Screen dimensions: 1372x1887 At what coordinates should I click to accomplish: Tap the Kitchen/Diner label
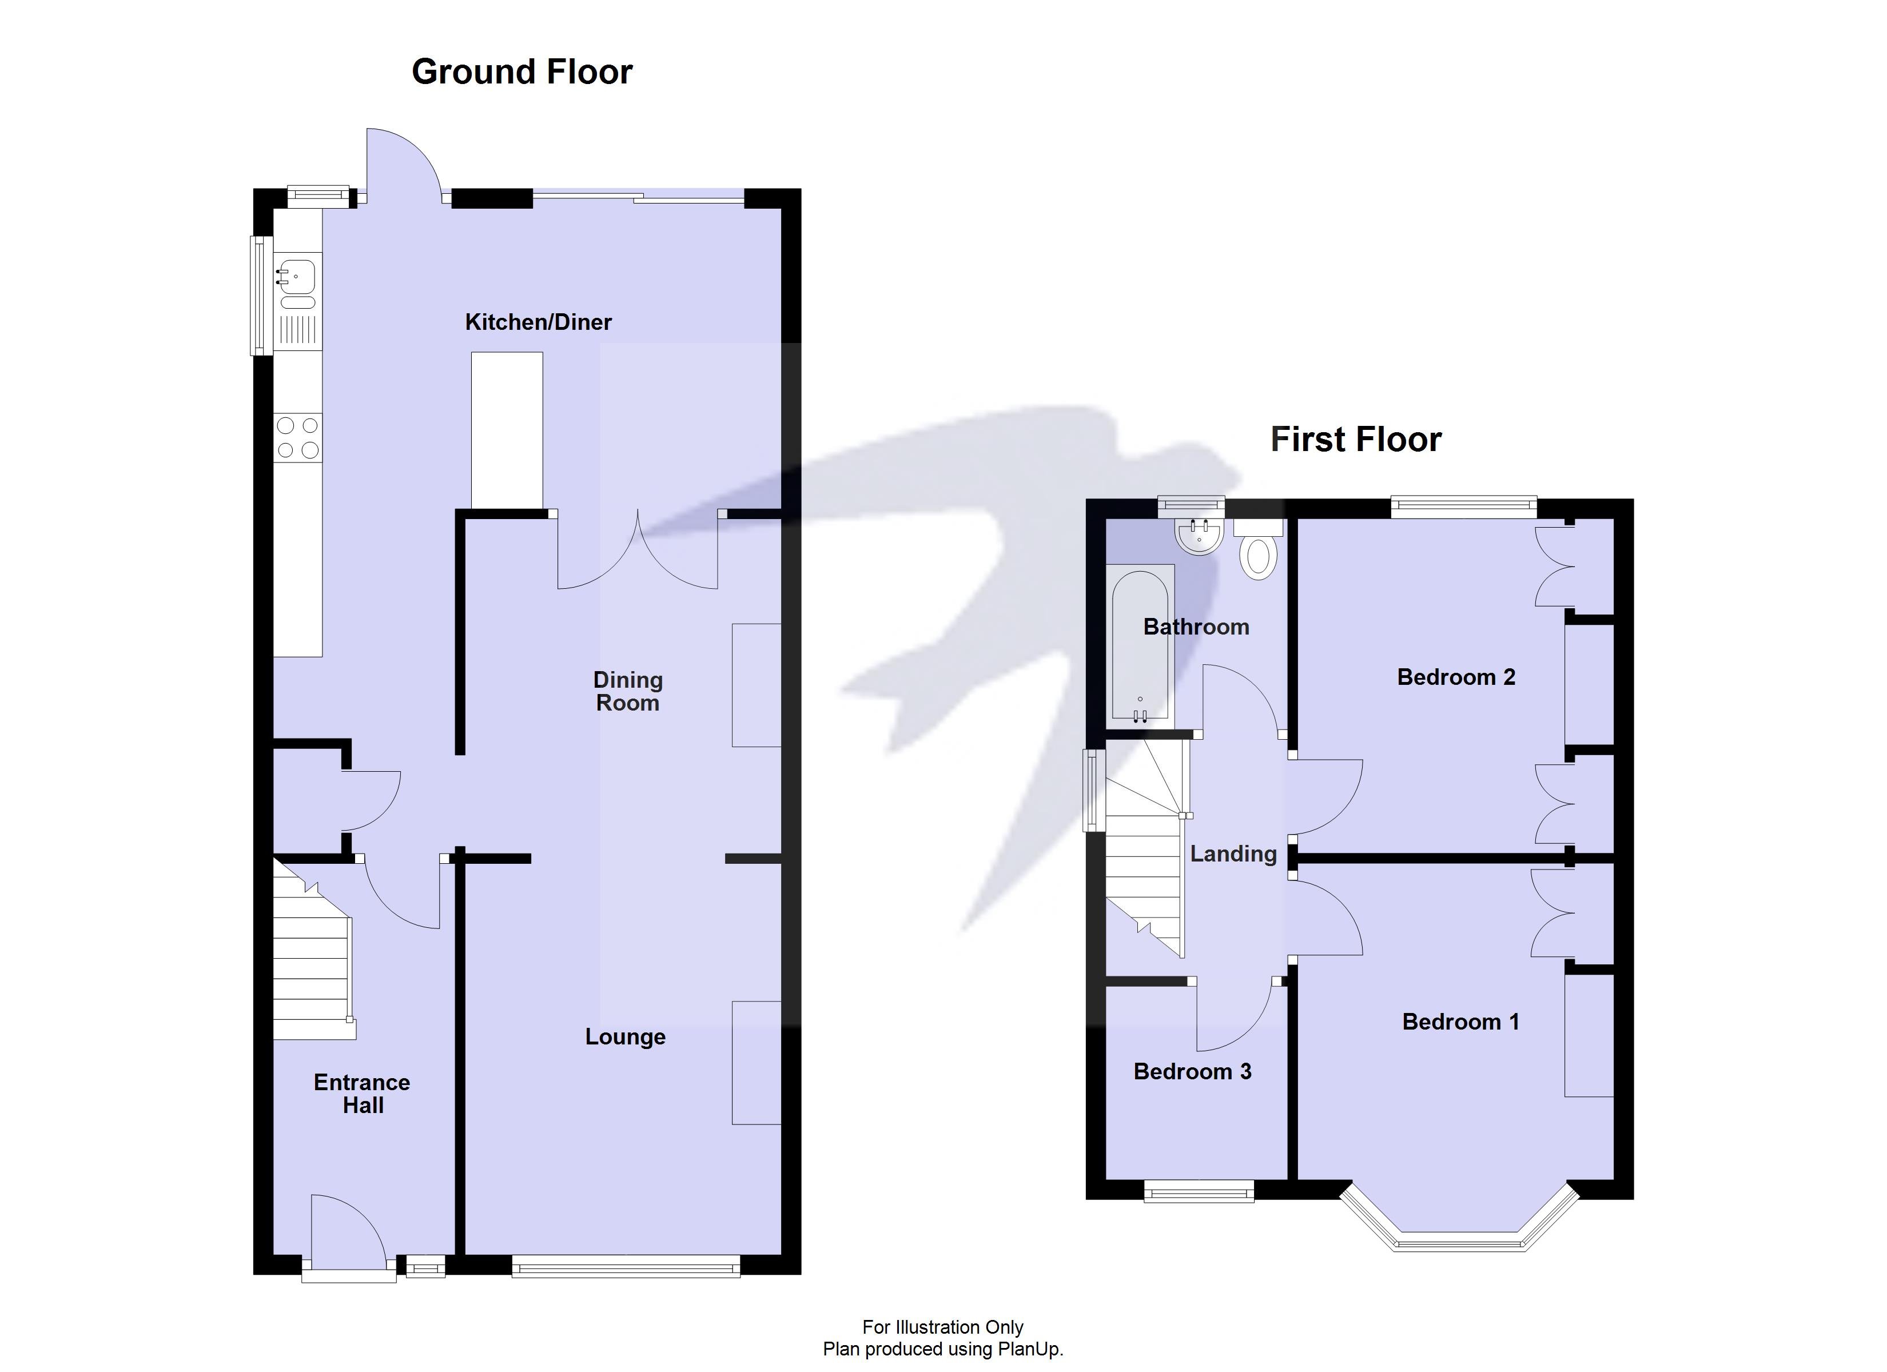click(x=538, y=322)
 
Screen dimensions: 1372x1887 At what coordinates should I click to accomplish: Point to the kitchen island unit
click(x=507, y=429)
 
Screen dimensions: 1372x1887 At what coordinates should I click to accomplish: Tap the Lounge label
click(x=625, y=1036)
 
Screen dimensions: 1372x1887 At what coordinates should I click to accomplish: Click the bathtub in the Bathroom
click(x=1140, y=643)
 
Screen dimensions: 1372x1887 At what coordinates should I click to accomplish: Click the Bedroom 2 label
click(x=1455, y=677)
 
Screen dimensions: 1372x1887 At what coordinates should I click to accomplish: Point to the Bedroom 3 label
click(x=1192, y=1072)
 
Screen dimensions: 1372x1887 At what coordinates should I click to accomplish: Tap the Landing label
click(x=1233, y=853)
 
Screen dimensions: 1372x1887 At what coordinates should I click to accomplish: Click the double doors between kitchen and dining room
click(x=638, y=553)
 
